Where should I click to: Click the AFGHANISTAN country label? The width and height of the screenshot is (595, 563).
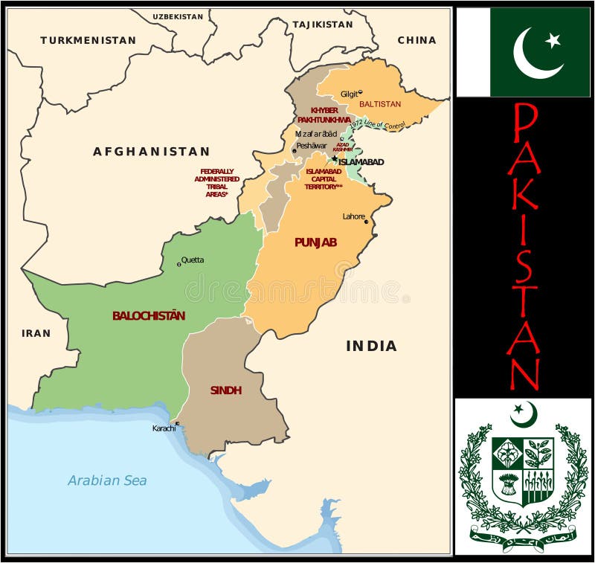pos(151,152)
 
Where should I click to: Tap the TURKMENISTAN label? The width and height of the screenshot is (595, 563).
pos(88,40)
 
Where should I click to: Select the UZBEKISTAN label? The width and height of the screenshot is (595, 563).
pos(178,16)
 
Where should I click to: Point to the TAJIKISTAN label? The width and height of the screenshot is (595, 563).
pos(322,25)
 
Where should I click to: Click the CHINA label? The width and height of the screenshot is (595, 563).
pos(416,40)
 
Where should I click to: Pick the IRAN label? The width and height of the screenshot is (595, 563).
pos(36,333)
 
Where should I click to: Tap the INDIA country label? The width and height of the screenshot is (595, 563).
pos(371,346)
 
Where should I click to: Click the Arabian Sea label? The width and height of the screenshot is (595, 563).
pos(107,480)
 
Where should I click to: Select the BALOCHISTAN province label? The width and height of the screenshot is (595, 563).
pos(149,315)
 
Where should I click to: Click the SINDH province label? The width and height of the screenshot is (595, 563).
pos(225,390)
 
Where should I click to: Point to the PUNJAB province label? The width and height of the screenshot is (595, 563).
pos(315,242)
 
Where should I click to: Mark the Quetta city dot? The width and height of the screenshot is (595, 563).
pos(179,264)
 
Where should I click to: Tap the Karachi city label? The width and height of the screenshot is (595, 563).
pos(164,428)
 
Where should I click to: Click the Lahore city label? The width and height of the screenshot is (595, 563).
pos(353,216)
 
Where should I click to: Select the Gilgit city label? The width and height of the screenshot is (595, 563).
pos(349,94)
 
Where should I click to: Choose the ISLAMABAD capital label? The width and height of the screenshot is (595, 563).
pos(361,162)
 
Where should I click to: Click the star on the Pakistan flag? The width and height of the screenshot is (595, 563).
pos(553,40)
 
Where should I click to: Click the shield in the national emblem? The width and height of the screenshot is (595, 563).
pos(523,470)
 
